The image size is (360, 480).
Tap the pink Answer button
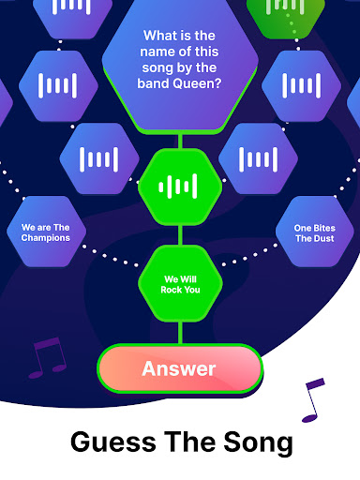(180, 368)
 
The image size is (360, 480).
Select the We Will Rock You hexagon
(180, 284)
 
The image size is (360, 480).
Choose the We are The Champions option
(46, 232)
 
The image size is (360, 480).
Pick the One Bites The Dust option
(315, 232)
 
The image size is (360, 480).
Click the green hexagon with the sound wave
(180, 187)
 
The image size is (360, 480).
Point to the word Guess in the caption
(113, 442)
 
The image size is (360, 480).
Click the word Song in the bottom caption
(258, 442)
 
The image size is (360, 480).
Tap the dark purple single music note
(313, 400)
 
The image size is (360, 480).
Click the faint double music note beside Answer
(47, 358)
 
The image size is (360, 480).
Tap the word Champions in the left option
(46, 238)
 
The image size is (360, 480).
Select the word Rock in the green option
(171, 290)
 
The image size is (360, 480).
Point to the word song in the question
(155, 68)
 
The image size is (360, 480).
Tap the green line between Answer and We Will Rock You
(180, 333)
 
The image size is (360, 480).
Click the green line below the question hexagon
(180, 142)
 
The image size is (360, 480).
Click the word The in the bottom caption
(189, 441)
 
